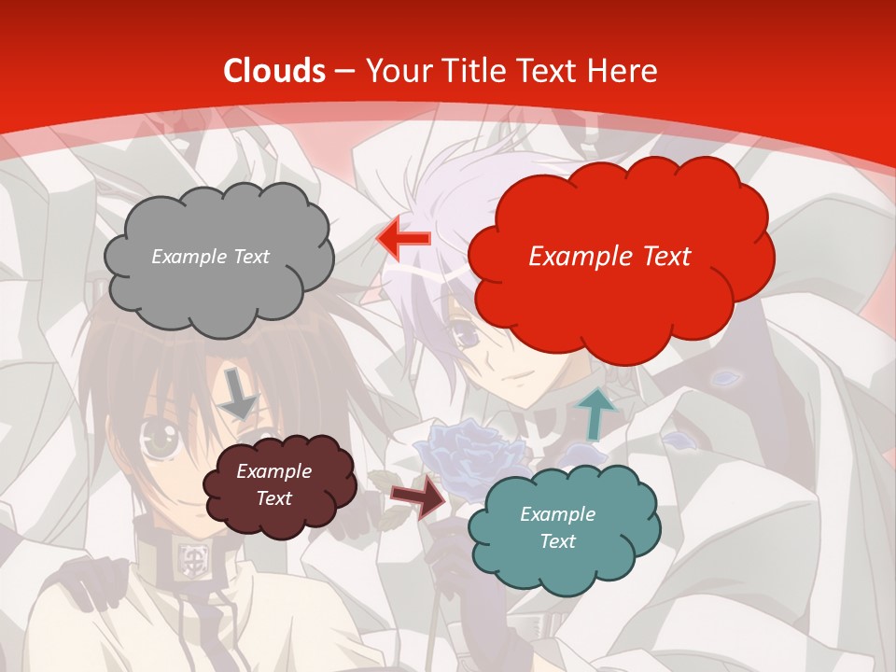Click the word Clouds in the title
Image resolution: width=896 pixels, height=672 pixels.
click(274, 71)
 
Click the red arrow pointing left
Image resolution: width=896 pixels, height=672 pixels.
click(403, 238)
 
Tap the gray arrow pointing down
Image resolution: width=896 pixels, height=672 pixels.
click(239, 393)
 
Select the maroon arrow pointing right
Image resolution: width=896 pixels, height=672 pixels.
click(417, 497)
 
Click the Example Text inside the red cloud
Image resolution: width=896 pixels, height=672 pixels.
click(609, 257)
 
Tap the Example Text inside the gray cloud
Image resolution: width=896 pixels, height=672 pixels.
click(210, 257)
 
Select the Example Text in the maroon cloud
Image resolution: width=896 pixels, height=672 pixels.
click(273, 485)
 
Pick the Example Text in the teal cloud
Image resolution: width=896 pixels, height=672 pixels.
click(557, 527)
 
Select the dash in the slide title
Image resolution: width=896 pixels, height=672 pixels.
click(344, 72)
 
